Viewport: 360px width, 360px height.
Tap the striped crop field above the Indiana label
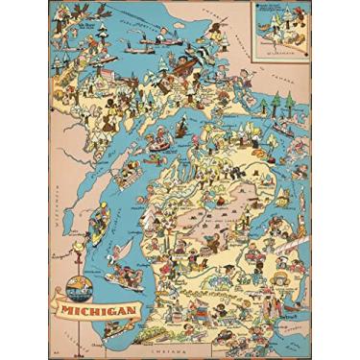tap(182, 322)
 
